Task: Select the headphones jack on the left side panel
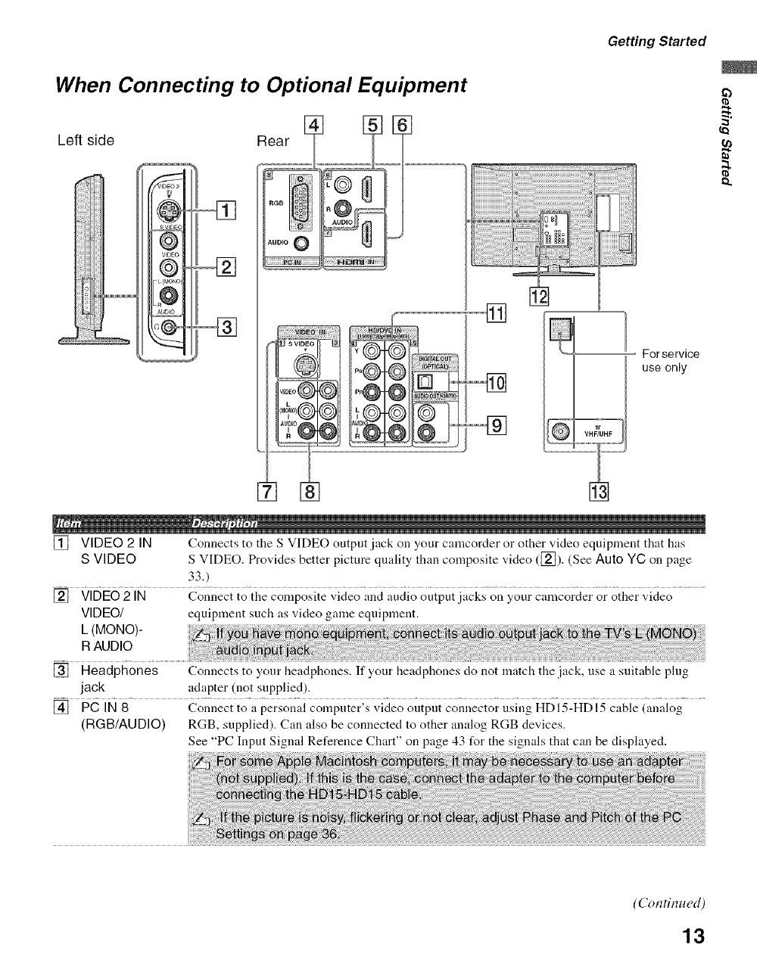coord(166,328)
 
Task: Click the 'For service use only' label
coord(670,361)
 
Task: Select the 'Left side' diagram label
coord(86,140)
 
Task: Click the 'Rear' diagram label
coord(273,141)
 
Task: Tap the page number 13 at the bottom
coord(692,937)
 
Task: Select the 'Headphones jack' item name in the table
coord(119,678)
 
